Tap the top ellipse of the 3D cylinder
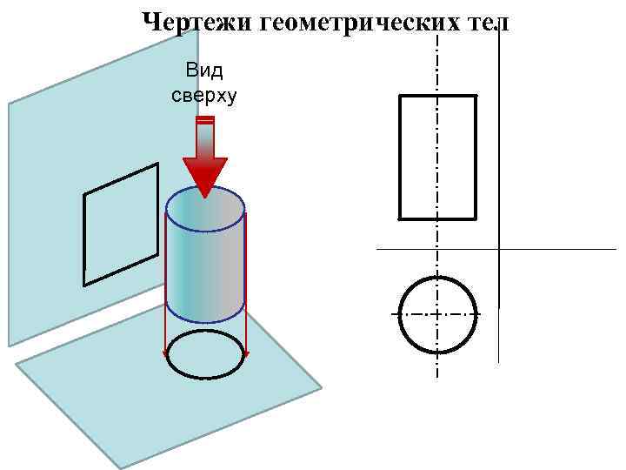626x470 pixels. tap(205, 209)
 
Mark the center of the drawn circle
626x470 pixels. tap(438, 314)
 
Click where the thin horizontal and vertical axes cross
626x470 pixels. tap(499, 250)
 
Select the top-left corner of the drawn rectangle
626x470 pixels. tap(399, 96)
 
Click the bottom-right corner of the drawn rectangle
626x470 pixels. tap(476, 218)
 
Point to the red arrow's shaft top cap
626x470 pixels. tap(205, 119)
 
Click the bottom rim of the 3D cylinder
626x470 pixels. tap(205, 320)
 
